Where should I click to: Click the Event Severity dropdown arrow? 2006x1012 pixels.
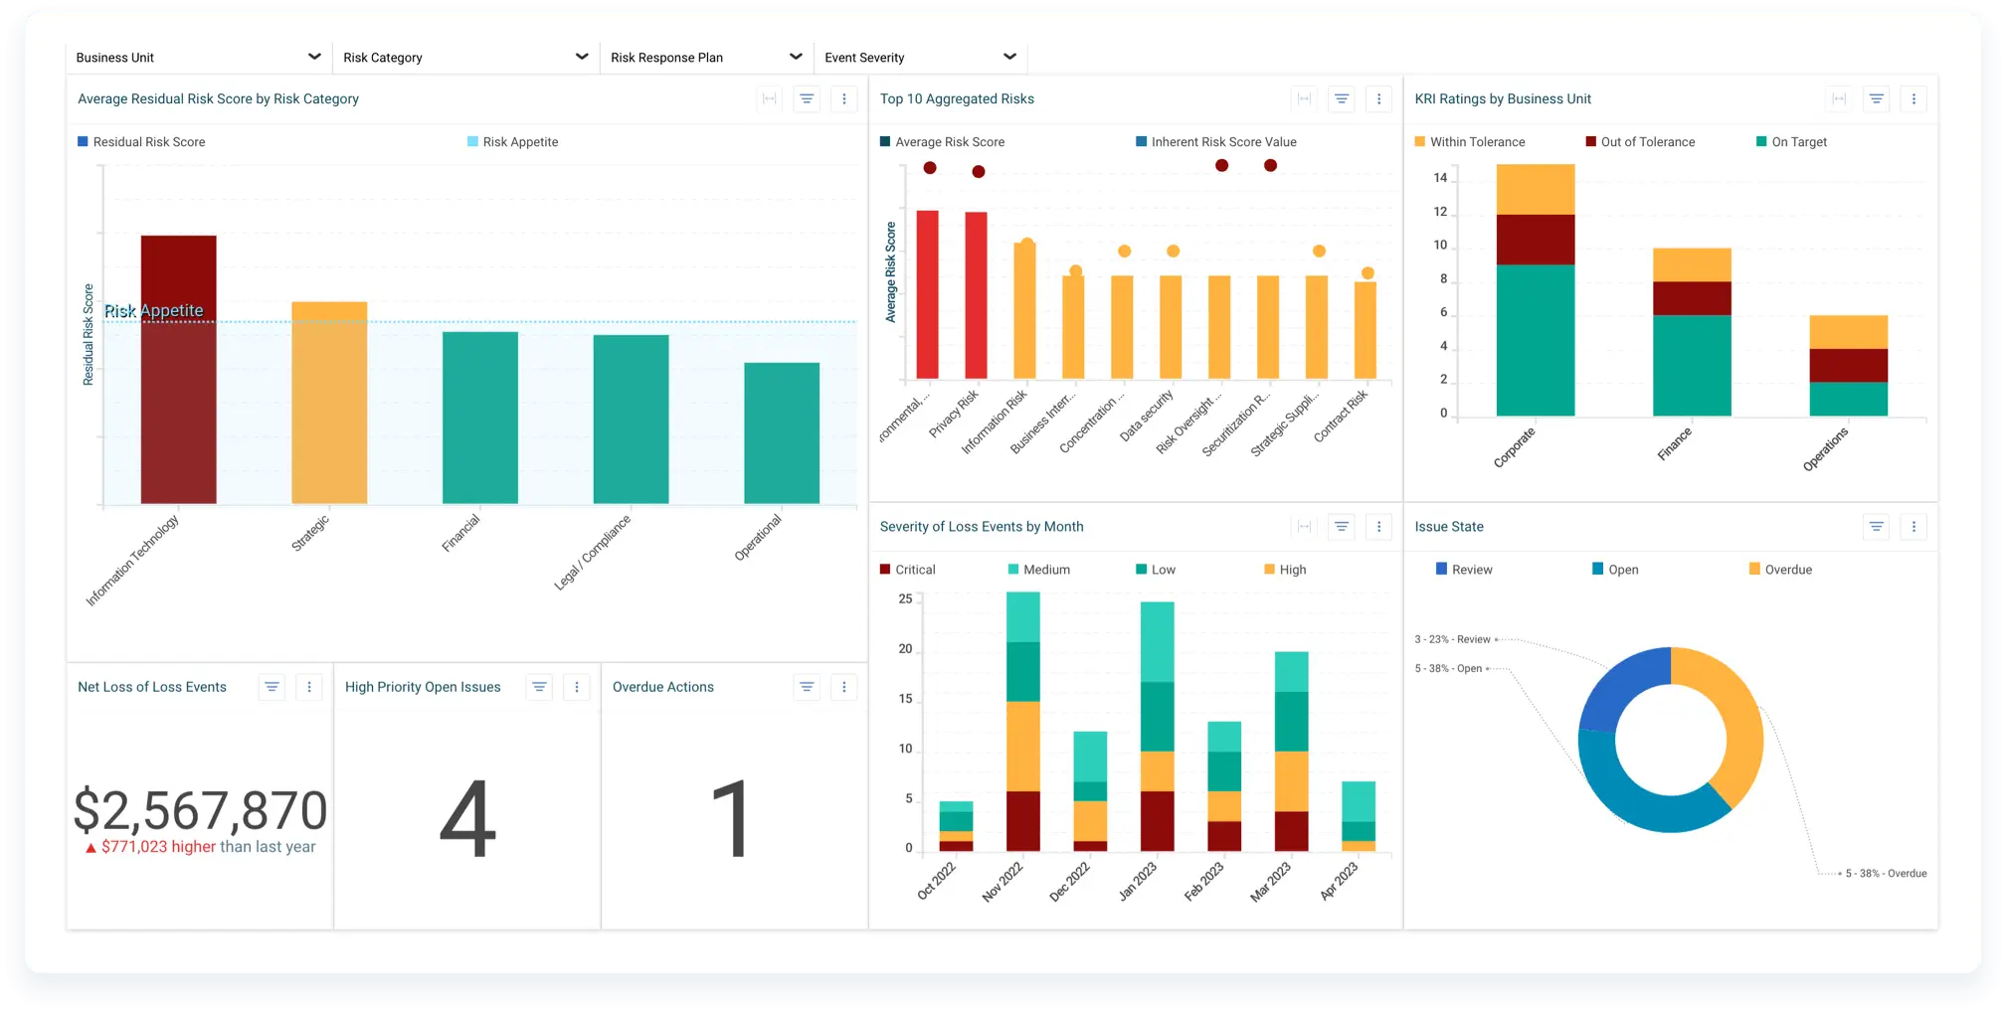click(1009, 57)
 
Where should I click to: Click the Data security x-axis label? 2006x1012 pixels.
click(1147, 416)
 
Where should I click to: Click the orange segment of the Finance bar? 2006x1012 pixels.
click(1692, 264)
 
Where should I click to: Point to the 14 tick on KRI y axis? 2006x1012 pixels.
click(1440, 178)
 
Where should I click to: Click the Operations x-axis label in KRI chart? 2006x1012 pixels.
click(1826, 448)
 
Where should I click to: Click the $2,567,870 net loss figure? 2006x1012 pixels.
click(200, 810)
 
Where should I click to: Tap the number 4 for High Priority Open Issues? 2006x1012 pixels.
click(467, 819)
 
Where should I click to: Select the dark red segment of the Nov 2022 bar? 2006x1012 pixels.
click(1022, 820)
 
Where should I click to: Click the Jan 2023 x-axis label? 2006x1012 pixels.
click(1138, 881)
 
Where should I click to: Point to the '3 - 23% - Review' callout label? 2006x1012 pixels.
click(1453, 639)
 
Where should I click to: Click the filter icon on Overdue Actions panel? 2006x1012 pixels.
click(807, 687)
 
